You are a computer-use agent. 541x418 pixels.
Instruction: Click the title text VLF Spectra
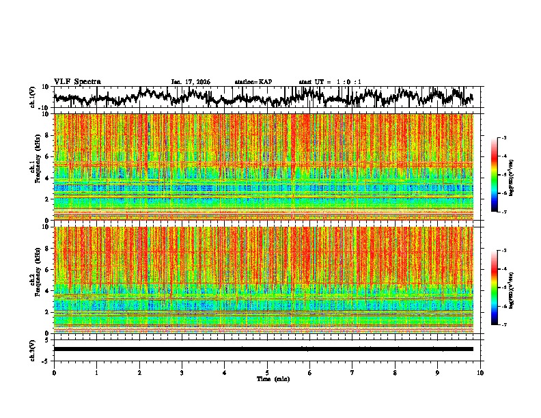(77, 81)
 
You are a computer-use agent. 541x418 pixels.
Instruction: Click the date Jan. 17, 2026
(191, 82)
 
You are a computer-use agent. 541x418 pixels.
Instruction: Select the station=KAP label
(253, 82)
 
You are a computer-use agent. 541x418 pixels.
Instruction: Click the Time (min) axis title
(273, 378)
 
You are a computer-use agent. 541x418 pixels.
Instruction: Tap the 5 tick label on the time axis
(267, 372)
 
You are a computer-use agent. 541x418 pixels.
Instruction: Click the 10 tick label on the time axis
(480, 372)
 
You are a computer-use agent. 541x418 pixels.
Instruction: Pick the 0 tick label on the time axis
(54, 372)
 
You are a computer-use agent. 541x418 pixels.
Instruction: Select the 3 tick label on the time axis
(182, 372)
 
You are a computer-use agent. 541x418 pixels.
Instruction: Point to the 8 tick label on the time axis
(395, 372)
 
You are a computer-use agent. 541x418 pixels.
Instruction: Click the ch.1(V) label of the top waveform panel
(33, 97)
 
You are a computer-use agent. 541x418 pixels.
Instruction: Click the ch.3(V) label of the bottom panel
(33, 349)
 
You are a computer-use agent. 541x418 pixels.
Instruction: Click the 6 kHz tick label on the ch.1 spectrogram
(47, 156)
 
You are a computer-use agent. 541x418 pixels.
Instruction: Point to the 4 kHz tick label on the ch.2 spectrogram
(47, 290)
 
